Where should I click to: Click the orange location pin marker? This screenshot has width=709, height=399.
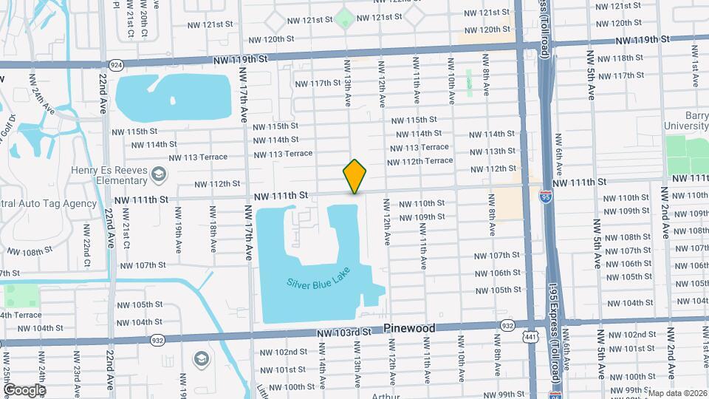pyautogui.click(x=354, y=177)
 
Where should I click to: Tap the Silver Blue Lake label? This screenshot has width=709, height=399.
pyautogui.click(x=317, y=280)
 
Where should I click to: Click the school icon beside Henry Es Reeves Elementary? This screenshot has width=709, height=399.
pyautogui.click(x=157, y=174)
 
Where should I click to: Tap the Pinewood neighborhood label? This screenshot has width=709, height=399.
pyautogui.click(x=419, y=327)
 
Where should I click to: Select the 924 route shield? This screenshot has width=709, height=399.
pyautogui.click(x=116, y=65)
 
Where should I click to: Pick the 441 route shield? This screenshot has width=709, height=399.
pyautogui.click(x=528, y=338)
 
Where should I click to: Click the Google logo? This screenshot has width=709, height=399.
pyautogui.click(x=24, y=389)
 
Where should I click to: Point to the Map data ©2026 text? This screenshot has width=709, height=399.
pyautogui.click(x=677, y=393)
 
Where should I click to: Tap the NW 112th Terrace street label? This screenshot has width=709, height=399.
pyautogui.click(x=419, y=160)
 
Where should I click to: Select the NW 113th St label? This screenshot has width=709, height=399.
pyautogui.click(x=490, y=151)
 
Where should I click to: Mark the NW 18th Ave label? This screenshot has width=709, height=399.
pyautogui.click(x=213, y=232)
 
